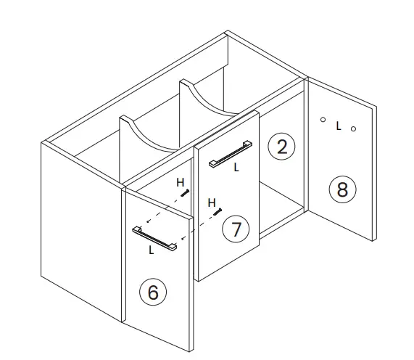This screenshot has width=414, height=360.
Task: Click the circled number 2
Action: (281, 147)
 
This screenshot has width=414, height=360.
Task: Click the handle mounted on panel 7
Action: (230, 153)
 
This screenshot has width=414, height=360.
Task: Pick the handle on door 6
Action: (154, 239)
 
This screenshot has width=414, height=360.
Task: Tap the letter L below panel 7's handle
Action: (236, 167)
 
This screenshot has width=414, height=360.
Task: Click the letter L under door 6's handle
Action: (151, 250)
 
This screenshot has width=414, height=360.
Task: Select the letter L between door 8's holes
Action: (338, 126)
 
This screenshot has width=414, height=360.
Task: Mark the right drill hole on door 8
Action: (353, 129)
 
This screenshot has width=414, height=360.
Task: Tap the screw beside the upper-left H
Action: (187, 193)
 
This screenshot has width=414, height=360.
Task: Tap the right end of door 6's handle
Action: (174, 249)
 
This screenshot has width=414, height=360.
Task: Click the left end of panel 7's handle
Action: (211, 165)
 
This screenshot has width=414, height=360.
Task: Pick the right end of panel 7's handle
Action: (249, 142)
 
